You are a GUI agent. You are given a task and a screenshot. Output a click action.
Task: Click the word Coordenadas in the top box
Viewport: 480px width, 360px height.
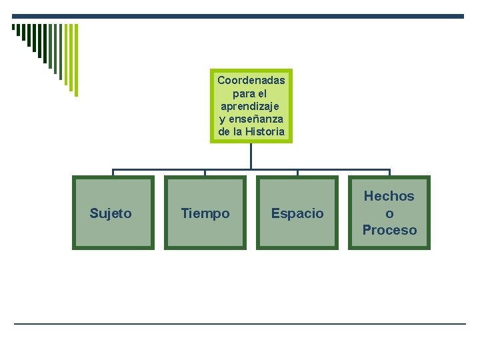pos(251,80)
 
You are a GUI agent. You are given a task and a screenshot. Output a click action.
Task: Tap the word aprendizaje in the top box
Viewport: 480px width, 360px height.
pos(251,106)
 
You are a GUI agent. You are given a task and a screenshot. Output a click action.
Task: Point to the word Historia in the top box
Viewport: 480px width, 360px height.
pos(265,131)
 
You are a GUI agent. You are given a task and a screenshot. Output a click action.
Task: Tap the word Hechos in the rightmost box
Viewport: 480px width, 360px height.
pos(389,196)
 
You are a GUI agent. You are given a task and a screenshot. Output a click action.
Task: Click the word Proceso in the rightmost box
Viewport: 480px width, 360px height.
pos(389,230)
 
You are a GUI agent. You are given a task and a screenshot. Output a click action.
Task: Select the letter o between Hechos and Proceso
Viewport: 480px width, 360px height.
pos(389,213)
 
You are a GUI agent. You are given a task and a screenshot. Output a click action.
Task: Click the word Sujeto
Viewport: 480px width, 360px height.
pos(111,213)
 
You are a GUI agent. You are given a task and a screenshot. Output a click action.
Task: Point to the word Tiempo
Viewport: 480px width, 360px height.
pos(205,213)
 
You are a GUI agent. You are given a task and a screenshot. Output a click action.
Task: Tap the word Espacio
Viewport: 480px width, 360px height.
pos(297,213)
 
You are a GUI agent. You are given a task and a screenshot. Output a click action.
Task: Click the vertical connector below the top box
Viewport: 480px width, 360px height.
pos(251,156)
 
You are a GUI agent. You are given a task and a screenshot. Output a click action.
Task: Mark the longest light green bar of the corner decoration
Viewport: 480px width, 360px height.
pos(75,60)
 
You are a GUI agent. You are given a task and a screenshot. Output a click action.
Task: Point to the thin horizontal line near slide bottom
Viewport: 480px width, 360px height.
pos(240,324)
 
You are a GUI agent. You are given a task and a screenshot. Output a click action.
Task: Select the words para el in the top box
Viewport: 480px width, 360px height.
pos(251,93)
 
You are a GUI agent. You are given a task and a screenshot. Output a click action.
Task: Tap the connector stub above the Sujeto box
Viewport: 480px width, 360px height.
pos(113,172)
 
